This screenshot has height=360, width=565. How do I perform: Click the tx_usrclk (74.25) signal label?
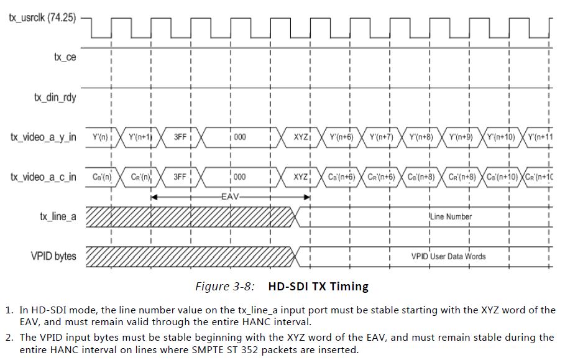[42, 17]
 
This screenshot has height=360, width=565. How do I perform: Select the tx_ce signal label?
[65, 57]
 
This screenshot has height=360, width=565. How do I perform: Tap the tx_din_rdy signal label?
[55, 97]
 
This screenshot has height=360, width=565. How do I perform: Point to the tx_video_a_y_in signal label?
[43, 137]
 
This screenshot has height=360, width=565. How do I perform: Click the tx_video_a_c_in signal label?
[43, 177]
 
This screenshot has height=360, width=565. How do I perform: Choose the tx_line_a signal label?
[58, 216]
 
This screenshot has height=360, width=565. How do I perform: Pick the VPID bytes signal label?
[53, 256]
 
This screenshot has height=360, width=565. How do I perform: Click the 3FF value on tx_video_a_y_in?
[180, 137]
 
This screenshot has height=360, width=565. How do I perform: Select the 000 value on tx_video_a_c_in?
[239, 177]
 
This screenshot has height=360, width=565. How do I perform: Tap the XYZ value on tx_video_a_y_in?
[301, 137]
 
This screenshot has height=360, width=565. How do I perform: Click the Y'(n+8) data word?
[420, 137]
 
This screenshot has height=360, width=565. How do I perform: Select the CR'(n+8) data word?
[461, 177]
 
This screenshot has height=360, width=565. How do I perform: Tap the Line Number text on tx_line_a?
[451, 216]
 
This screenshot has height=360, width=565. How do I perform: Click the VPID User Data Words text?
[448, 256]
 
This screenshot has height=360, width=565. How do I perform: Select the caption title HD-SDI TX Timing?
[318, 287]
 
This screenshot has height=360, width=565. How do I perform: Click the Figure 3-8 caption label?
[224, 287]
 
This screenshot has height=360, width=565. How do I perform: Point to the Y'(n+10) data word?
[500, 137]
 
